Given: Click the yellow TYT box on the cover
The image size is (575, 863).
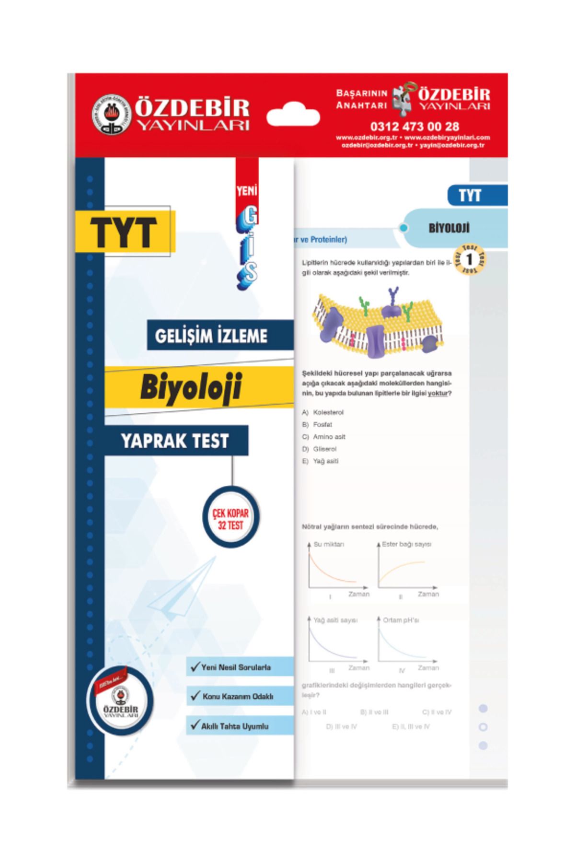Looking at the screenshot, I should [x=125, y=232].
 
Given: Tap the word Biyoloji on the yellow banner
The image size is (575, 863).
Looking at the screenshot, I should [x=191, y=386].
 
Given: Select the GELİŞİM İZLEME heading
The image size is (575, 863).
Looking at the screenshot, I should [x=211, y=336].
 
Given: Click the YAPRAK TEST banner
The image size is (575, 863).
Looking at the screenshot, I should [x=175, y=441].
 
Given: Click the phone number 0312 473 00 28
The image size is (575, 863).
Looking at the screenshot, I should [x=414, y=127].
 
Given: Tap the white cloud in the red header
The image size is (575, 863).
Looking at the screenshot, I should [x=293, y=116].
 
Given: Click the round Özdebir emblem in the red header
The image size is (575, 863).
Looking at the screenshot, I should [x=111, y=115].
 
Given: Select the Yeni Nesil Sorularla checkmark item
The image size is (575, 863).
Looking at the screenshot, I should [x=236, y=667].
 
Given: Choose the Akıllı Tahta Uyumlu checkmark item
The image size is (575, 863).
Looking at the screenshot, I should [x=235, y=726].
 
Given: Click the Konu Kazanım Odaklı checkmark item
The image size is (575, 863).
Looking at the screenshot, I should [x=238, y=696].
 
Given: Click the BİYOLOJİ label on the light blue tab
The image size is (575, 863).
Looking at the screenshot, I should [x=449, y=228].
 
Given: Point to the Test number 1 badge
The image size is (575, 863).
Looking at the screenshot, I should [x=469, y=260].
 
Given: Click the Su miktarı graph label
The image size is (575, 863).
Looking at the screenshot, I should [x=329, y=544].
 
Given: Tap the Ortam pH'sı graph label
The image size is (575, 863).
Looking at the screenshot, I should [x=401, y=620].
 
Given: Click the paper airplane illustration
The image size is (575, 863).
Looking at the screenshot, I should [x=182, y=587].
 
